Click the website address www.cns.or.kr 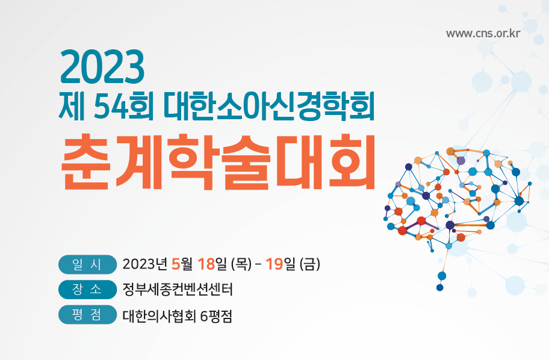point(483,34)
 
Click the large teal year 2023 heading point(102,67)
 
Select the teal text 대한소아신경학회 point(268,105)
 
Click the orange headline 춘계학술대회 point(219,162)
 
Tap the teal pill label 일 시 point(87,264)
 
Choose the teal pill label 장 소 point(87,290)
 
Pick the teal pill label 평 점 point(87,314)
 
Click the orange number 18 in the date point(206,264)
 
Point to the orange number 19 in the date point(274,264)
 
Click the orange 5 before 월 point(176,264)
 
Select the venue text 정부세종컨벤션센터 point(178,290)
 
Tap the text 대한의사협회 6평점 point(178,316)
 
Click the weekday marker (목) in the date point(241,264)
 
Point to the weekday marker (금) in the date point(310,264)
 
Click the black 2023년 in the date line point(144,264)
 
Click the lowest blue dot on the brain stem point(440,288)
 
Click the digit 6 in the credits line point(204,317)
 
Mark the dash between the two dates point(258,264)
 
